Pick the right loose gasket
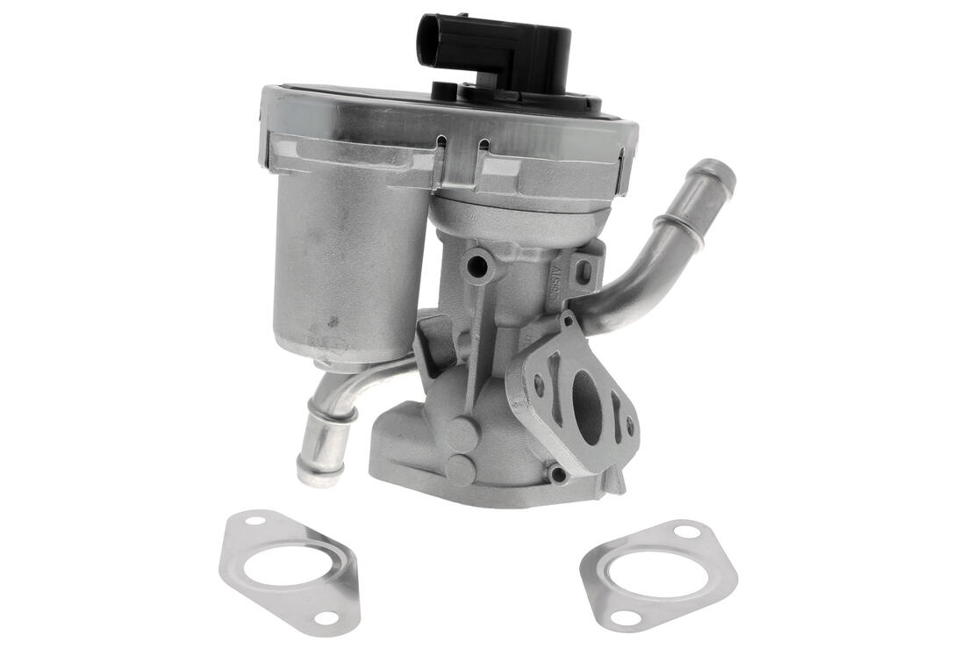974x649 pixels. click(x=659, y=574)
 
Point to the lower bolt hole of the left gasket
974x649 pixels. click(x=325, y=617)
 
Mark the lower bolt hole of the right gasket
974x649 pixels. click(x=626, y=617)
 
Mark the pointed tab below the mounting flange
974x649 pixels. click(x=619, y=483)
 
